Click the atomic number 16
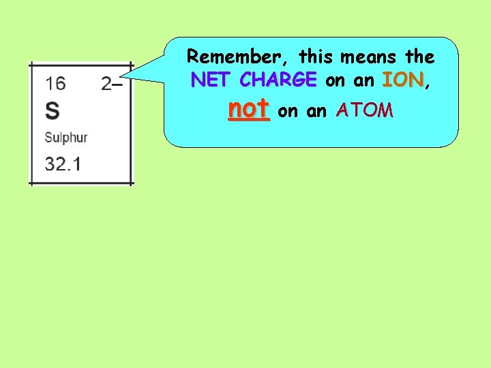[x=55, y=85]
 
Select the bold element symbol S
[x=52, y=110]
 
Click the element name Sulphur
[x=66, y=138]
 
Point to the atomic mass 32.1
[x=62, y=164]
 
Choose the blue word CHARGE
[x=278, y=80]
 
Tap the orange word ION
[x=404, y=80]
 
